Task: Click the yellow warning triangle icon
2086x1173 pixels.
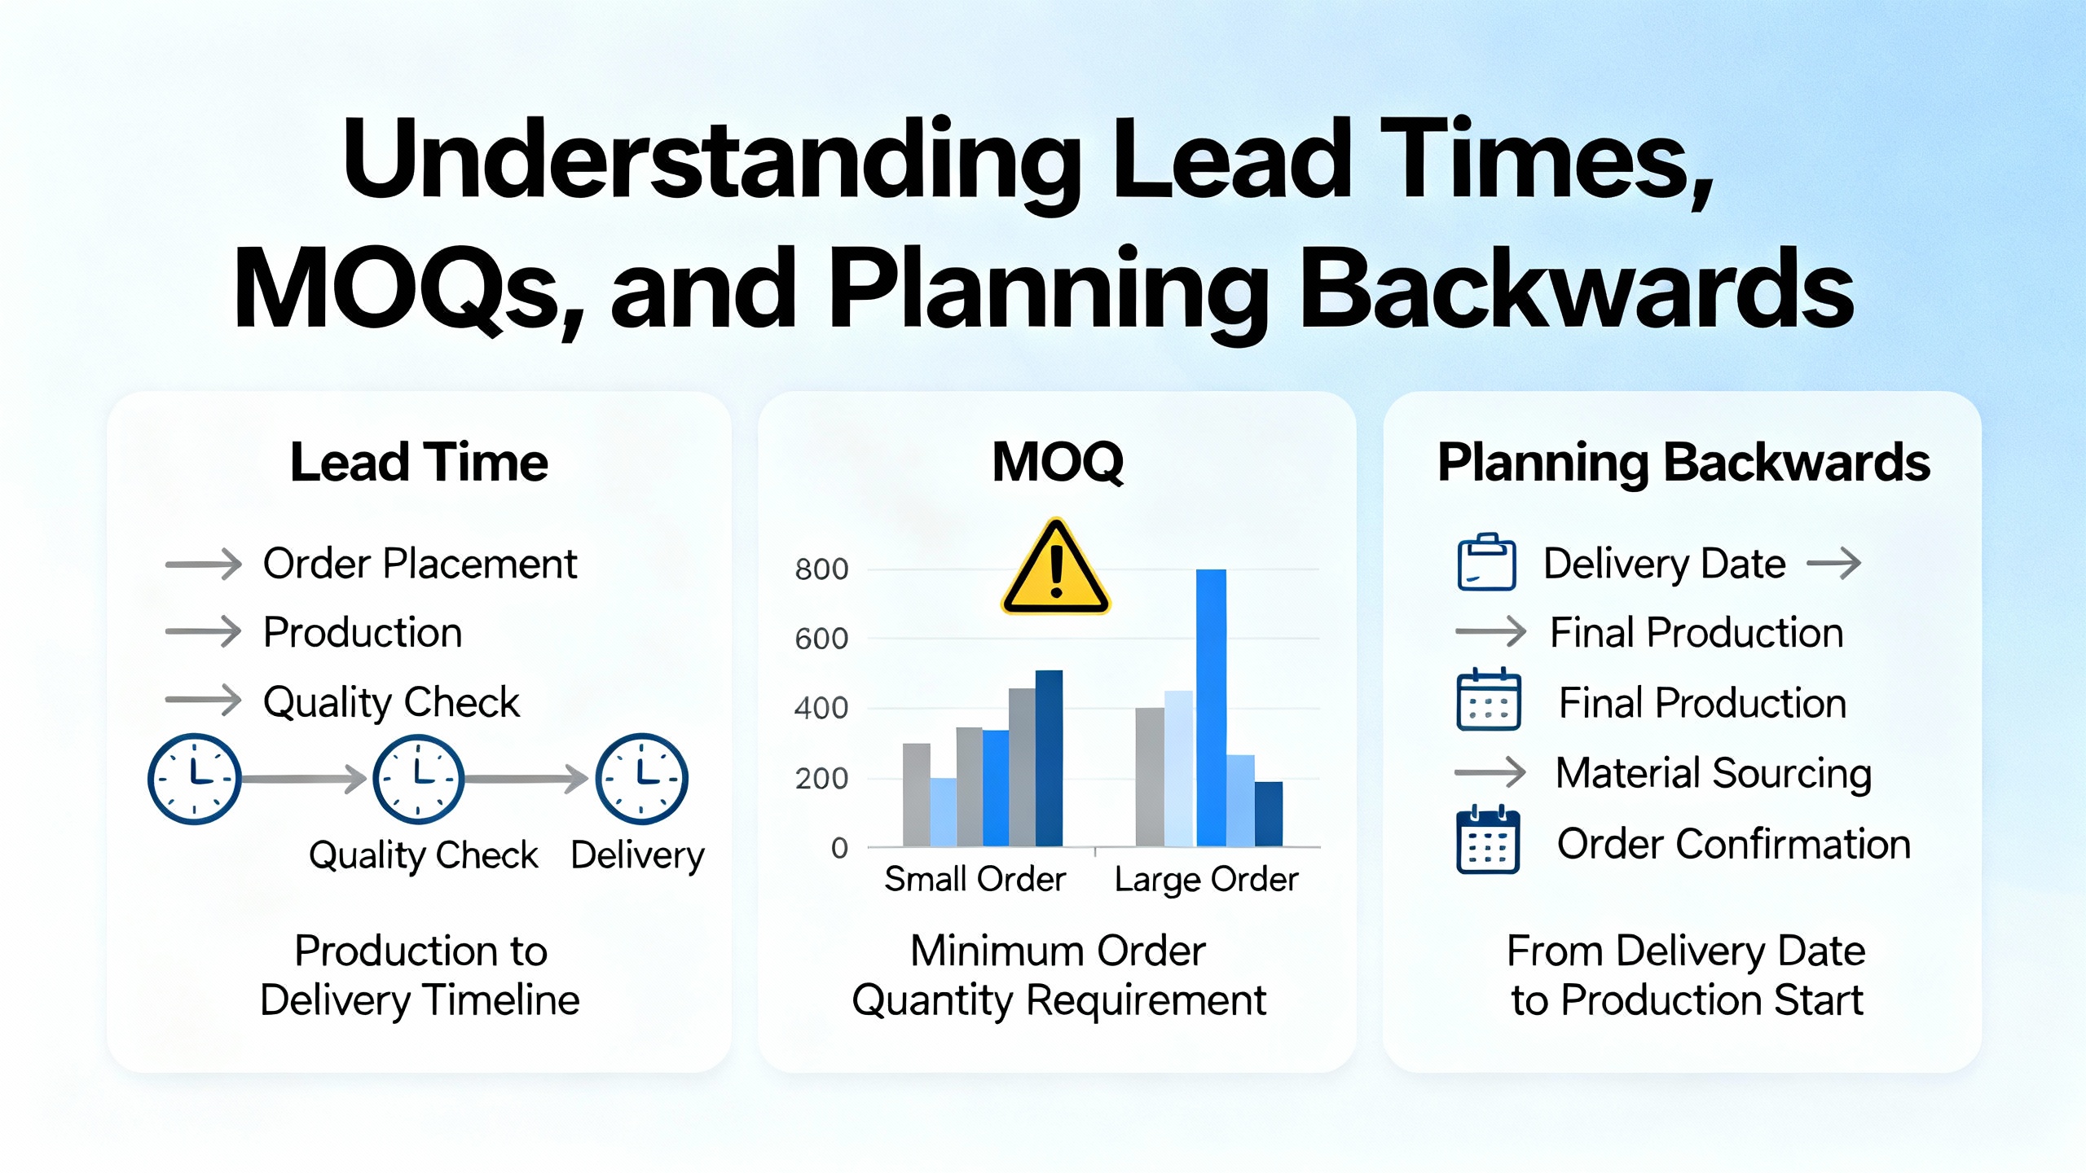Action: [1056, 567]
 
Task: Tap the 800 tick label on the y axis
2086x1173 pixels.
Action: [821, 569]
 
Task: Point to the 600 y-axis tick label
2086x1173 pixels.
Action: [821, 639]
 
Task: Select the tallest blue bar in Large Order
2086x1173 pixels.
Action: [1211, 708]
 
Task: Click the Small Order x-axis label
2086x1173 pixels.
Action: [975, 879]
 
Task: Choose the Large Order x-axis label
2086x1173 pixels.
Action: [1206, 880]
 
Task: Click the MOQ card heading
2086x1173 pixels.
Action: [1058, 462]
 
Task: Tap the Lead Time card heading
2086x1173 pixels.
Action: [419, 462]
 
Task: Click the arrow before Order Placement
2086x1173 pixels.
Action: [204, 564]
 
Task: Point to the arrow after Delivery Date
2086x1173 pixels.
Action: [1833, 563]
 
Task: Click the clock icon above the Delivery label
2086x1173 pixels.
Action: [642, 779]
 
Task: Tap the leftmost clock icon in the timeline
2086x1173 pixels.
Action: [194, 779]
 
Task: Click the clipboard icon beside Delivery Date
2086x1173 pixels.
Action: [1486, 561]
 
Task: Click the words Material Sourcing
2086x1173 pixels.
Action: [1714, 773]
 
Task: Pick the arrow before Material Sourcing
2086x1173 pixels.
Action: [1490, 771]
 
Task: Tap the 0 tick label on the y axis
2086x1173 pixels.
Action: [839, 848]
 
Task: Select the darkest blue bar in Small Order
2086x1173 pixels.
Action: [1049, 758]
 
